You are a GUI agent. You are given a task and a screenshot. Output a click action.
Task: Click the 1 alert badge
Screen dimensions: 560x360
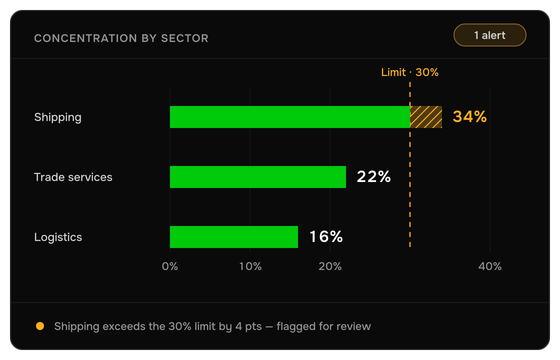[490, 35]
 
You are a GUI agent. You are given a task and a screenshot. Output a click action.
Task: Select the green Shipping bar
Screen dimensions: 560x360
[290, 117]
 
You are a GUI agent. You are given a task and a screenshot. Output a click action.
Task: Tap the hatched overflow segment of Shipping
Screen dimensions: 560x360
[426, 117]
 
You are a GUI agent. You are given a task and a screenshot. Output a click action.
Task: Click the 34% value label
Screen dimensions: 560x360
[469, 117]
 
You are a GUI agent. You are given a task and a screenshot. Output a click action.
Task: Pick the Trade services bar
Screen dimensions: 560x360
[258, 177]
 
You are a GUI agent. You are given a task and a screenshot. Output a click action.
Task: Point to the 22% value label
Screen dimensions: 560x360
[374, 177]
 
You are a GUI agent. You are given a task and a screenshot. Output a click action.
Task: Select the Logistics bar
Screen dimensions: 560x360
[234, 237]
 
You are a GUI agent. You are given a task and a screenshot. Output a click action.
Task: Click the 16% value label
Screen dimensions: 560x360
[326, 237]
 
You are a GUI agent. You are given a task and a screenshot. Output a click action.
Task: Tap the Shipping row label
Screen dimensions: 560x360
[58, 118]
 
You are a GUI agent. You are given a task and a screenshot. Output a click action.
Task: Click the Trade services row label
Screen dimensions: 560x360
[73, 177]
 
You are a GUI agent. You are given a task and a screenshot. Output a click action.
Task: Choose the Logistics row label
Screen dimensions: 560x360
[58, 238]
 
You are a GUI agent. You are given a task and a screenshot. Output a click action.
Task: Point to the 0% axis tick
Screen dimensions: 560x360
[170, 266]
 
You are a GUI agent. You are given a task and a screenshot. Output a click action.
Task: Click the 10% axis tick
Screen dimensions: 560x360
[250, 266]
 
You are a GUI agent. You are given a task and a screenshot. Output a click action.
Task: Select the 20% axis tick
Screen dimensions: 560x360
[330, 266]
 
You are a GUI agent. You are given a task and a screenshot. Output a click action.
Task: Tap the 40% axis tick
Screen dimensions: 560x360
[490, 266]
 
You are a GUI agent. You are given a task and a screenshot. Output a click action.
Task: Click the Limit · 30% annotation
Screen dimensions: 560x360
[410, 72]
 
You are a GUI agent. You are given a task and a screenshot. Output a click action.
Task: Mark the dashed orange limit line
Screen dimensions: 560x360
[410, 165]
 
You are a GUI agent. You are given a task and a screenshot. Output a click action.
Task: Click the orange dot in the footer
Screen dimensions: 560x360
[40, 326]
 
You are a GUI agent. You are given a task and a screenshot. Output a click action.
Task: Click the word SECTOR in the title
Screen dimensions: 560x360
[185, 38]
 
